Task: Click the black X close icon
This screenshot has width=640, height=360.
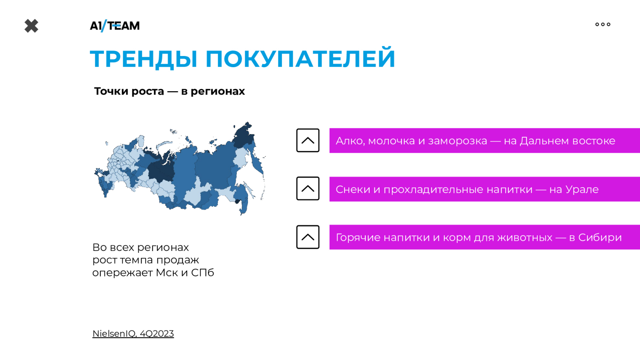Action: tap(32, 26)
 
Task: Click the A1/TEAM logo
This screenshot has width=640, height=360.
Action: tap(115, 26)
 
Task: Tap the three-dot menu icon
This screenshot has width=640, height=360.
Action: tap(603, 24)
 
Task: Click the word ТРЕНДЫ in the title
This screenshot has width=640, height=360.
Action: tap(144, 59)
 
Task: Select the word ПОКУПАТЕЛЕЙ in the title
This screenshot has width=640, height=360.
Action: tap(300, 58)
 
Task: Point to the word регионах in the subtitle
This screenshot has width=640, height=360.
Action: tap(218, 92)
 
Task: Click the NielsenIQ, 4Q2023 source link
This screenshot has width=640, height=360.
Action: tap(133, 334)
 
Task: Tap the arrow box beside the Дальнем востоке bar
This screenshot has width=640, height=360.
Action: tap(308, 140)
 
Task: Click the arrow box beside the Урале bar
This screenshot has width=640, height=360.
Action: tap(308, 188)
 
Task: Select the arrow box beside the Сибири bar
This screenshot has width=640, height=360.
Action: tap(308, 237)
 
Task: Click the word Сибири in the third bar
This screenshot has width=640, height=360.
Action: tap(600, 238)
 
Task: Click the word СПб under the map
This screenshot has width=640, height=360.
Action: tap(202, 272)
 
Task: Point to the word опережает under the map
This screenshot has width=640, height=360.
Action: tap(122, 273)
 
